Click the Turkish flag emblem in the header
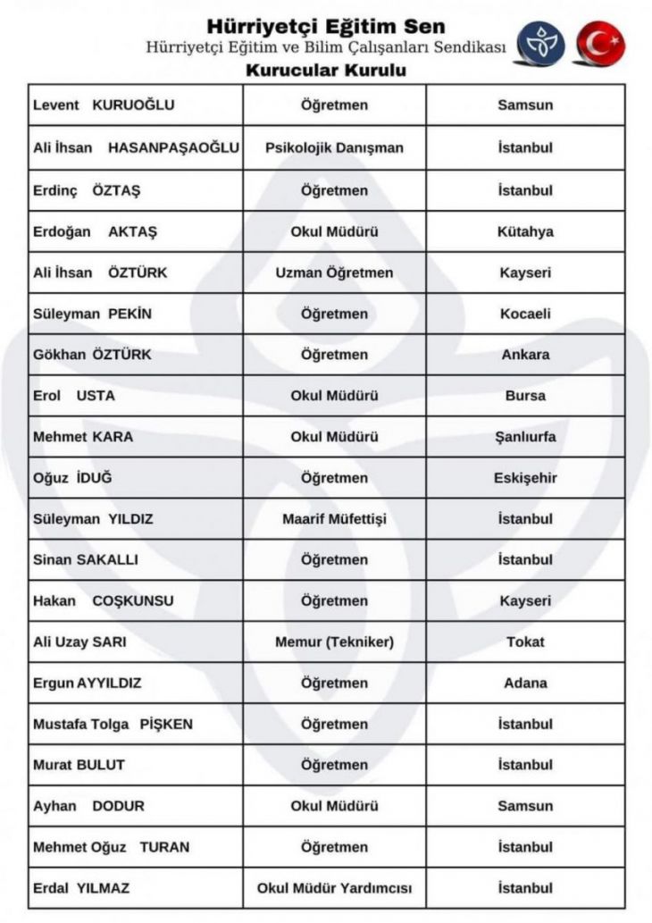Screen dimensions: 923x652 coord(600,44)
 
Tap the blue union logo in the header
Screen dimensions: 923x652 coord(543,44)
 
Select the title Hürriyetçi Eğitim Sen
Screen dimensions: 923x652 coord(325,25)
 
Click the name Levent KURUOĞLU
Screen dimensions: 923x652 coord(104,105)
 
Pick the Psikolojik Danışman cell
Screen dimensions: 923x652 coord(334,147)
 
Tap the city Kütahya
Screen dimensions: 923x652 coord(525,231)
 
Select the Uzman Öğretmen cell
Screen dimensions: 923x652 coord(334,273)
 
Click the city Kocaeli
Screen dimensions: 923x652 coord(525,314)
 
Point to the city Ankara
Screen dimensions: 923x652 coord(525,355)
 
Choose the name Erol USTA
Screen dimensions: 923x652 coord(74,396)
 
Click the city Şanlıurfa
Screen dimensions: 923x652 coord(525,437)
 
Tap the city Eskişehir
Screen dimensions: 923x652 coord(525,478)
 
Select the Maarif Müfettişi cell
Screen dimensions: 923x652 coord(334,519)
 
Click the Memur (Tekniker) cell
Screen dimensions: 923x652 coord(334,642)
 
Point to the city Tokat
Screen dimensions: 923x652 coord(525,642)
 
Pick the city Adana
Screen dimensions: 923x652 coord(525,684)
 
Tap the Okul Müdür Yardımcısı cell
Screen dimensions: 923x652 coord(334,888)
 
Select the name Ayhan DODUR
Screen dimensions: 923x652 coord(88,806)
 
